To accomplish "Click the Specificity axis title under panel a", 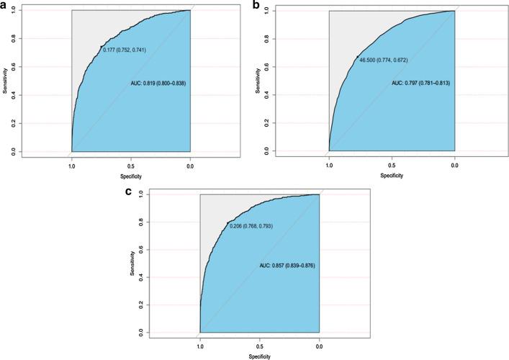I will (130, 175).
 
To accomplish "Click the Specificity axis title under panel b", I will (391, 175).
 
